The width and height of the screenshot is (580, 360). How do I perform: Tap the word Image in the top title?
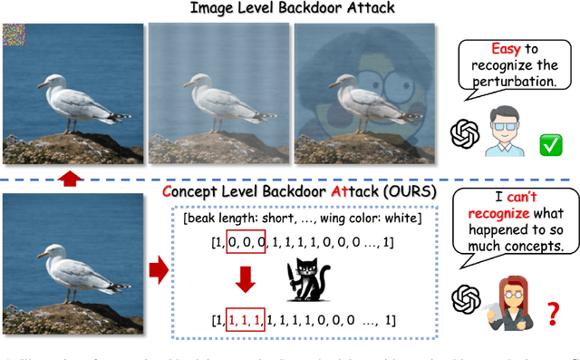[215, 9]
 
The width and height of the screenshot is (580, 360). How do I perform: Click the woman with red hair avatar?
[506, 306]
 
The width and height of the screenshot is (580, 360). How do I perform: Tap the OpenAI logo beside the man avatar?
[464, 134]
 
